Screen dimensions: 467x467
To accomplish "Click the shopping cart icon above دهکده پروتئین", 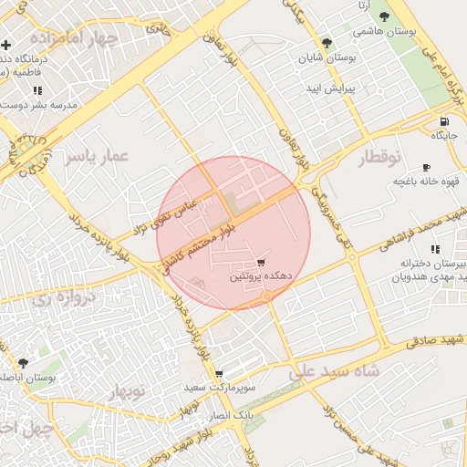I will [x=261, y=262].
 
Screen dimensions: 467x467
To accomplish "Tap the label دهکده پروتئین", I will [x=261, y=275].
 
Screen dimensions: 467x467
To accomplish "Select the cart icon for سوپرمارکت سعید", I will [x=219, y=374].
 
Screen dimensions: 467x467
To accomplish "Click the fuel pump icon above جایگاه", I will [x=444, y=122].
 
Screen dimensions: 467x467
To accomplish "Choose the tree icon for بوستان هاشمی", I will [x=384, y=16].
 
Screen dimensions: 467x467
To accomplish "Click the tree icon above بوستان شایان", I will [x=327, y=43].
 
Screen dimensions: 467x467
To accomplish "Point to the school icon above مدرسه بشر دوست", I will [x=37, y=90].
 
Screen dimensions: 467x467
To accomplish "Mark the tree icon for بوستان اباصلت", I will [x=23, y=363].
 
